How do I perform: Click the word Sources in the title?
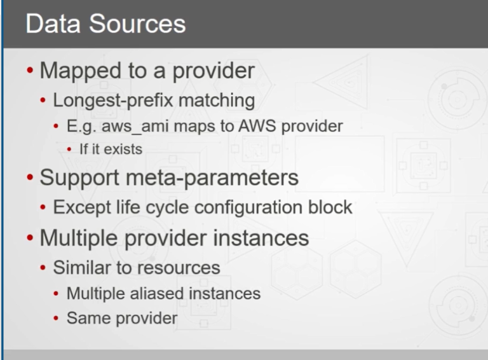coord(137,24)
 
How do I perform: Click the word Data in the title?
coord(53,24)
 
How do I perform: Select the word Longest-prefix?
coord(113,101)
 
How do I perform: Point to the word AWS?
coord(257,126)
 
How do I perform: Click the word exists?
coord(123,149)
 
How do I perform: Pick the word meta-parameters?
coord(212,178)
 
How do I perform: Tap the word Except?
coord(82,208)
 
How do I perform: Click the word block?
coord(330,207)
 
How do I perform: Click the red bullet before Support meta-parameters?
coord(30,177)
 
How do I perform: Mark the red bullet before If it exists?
coord(69,149)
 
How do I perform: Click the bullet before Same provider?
coord(56,318)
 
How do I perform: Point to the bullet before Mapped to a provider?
coord(30,71)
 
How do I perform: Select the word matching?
coord(217,101)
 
